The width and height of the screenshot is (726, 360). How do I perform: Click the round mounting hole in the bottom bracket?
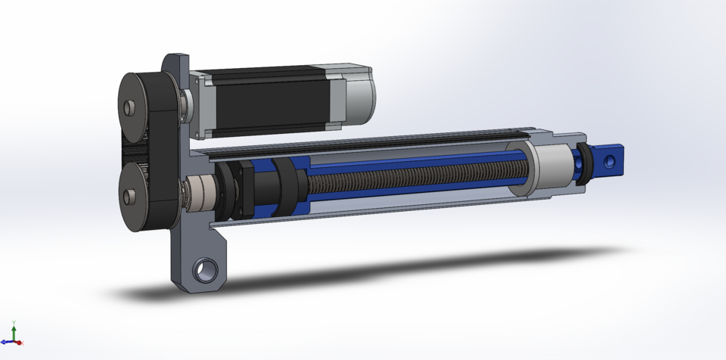pos(206,270)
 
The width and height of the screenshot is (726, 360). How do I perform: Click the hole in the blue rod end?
pos(608,160)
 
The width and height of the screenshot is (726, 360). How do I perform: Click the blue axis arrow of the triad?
pos(10,342)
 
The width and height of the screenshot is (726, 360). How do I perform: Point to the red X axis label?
pos(21,344)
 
